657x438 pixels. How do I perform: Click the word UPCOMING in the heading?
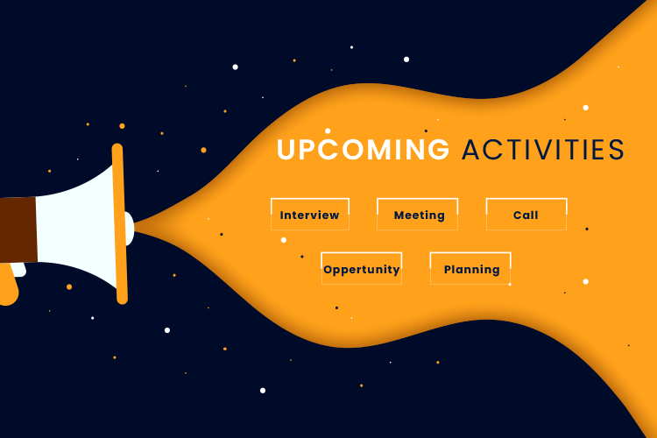pos(363,149)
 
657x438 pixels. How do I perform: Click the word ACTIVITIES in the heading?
pos(543,150)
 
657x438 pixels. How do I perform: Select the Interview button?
pos(310,214)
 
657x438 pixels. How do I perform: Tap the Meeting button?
pos(417,214)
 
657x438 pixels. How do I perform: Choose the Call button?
pos(526,214)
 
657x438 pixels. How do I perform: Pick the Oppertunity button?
pos(362,269)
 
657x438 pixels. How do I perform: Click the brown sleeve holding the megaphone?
pos(18,230)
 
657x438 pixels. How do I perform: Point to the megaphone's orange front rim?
pos(120,224)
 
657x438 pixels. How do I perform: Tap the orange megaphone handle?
pos(9,285)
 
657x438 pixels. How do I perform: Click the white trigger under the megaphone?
pos(19,270)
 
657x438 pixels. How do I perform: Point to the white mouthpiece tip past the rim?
pos(130,229)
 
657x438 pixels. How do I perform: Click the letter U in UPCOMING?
pos(286,150)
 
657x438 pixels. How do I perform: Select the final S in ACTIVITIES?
pos(617,150)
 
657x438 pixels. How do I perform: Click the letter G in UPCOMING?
pos(438,150)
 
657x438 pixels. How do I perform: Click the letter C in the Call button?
pos(518,215)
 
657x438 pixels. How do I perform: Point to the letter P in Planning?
pos(448,270)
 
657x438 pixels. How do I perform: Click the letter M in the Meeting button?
pos(399,215)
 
